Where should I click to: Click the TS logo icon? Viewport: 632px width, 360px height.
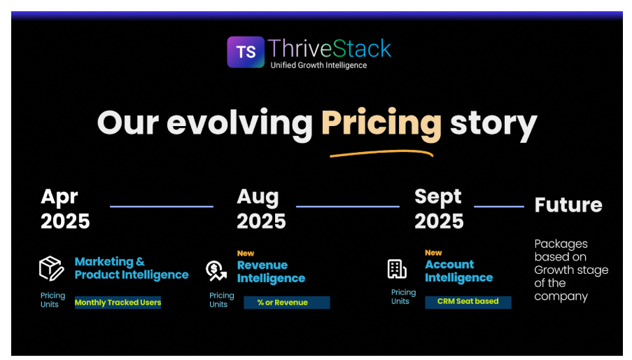[x=246, y=52]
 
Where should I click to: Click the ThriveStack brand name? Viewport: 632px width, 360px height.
[x=330, y=48]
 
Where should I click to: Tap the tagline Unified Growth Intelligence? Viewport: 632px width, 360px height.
[x=318, y=65]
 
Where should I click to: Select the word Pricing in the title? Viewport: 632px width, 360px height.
[x=381, y=123]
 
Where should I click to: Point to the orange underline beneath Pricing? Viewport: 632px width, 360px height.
[x=381, y=151]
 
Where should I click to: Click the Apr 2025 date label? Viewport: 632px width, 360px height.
[x=65, y=209]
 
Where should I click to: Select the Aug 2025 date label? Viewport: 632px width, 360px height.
[x=261, y=209]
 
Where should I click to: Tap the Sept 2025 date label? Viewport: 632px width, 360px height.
[x=439, y=209]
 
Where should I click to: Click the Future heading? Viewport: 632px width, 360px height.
[x=568, y=205]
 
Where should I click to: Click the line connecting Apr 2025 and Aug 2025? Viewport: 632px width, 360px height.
[x=162, y=207]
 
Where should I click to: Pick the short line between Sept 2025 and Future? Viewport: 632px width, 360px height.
[x=499, y=207]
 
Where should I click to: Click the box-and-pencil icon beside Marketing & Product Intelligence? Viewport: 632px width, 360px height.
[x=51, y=268]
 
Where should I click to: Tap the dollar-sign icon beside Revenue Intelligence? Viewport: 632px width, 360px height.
[x=216, y=270]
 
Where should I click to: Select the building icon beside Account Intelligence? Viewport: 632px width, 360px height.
[x=397, y=268]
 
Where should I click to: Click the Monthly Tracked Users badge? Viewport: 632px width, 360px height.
[x=118, y=303]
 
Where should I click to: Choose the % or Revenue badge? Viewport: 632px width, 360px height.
[x=286, y=303]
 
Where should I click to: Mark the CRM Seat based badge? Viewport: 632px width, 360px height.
[x=468, y=302]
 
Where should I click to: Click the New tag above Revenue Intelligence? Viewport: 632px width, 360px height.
[x=246, y=254]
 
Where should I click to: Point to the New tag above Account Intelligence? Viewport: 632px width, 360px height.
[x=433, y=253]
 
